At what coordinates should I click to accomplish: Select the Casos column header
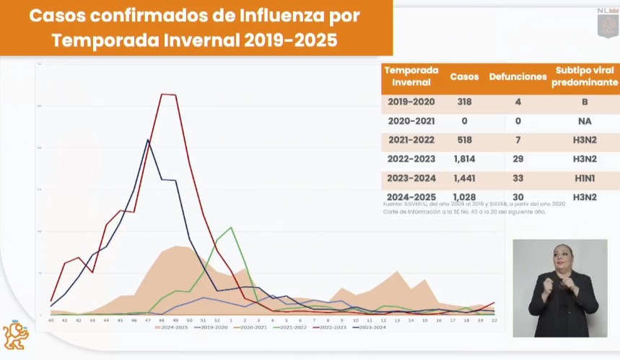click(x=464, y=76)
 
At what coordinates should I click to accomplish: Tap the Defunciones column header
click(x=518, y=76)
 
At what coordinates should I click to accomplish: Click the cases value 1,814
click(x=464, y=157)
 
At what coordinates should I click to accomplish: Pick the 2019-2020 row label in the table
click(x=411, y=102)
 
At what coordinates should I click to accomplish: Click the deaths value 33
click(x=518, y=177)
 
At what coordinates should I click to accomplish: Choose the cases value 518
click(x=464, y=139)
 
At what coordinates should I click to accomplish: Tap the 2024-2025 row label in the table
click(x=411, y=196)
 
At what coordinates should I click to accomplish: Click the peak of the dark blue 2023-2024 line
click(x=148, y=140)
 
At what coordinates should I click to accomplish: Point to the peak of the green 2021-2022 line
click(x=230, y=227)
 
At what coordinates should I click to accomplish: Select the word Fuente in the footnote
click(x=394, y=204)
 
